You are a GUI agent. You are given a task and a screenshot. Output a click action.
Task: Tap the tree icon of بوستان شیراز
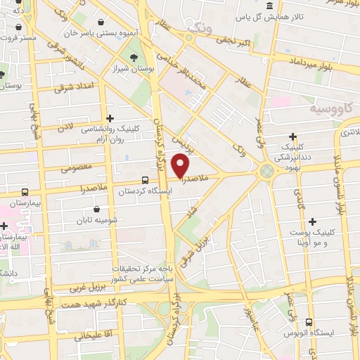132,58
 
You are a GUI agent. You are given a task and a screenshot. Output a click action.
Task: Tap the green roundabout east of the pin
267,170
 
